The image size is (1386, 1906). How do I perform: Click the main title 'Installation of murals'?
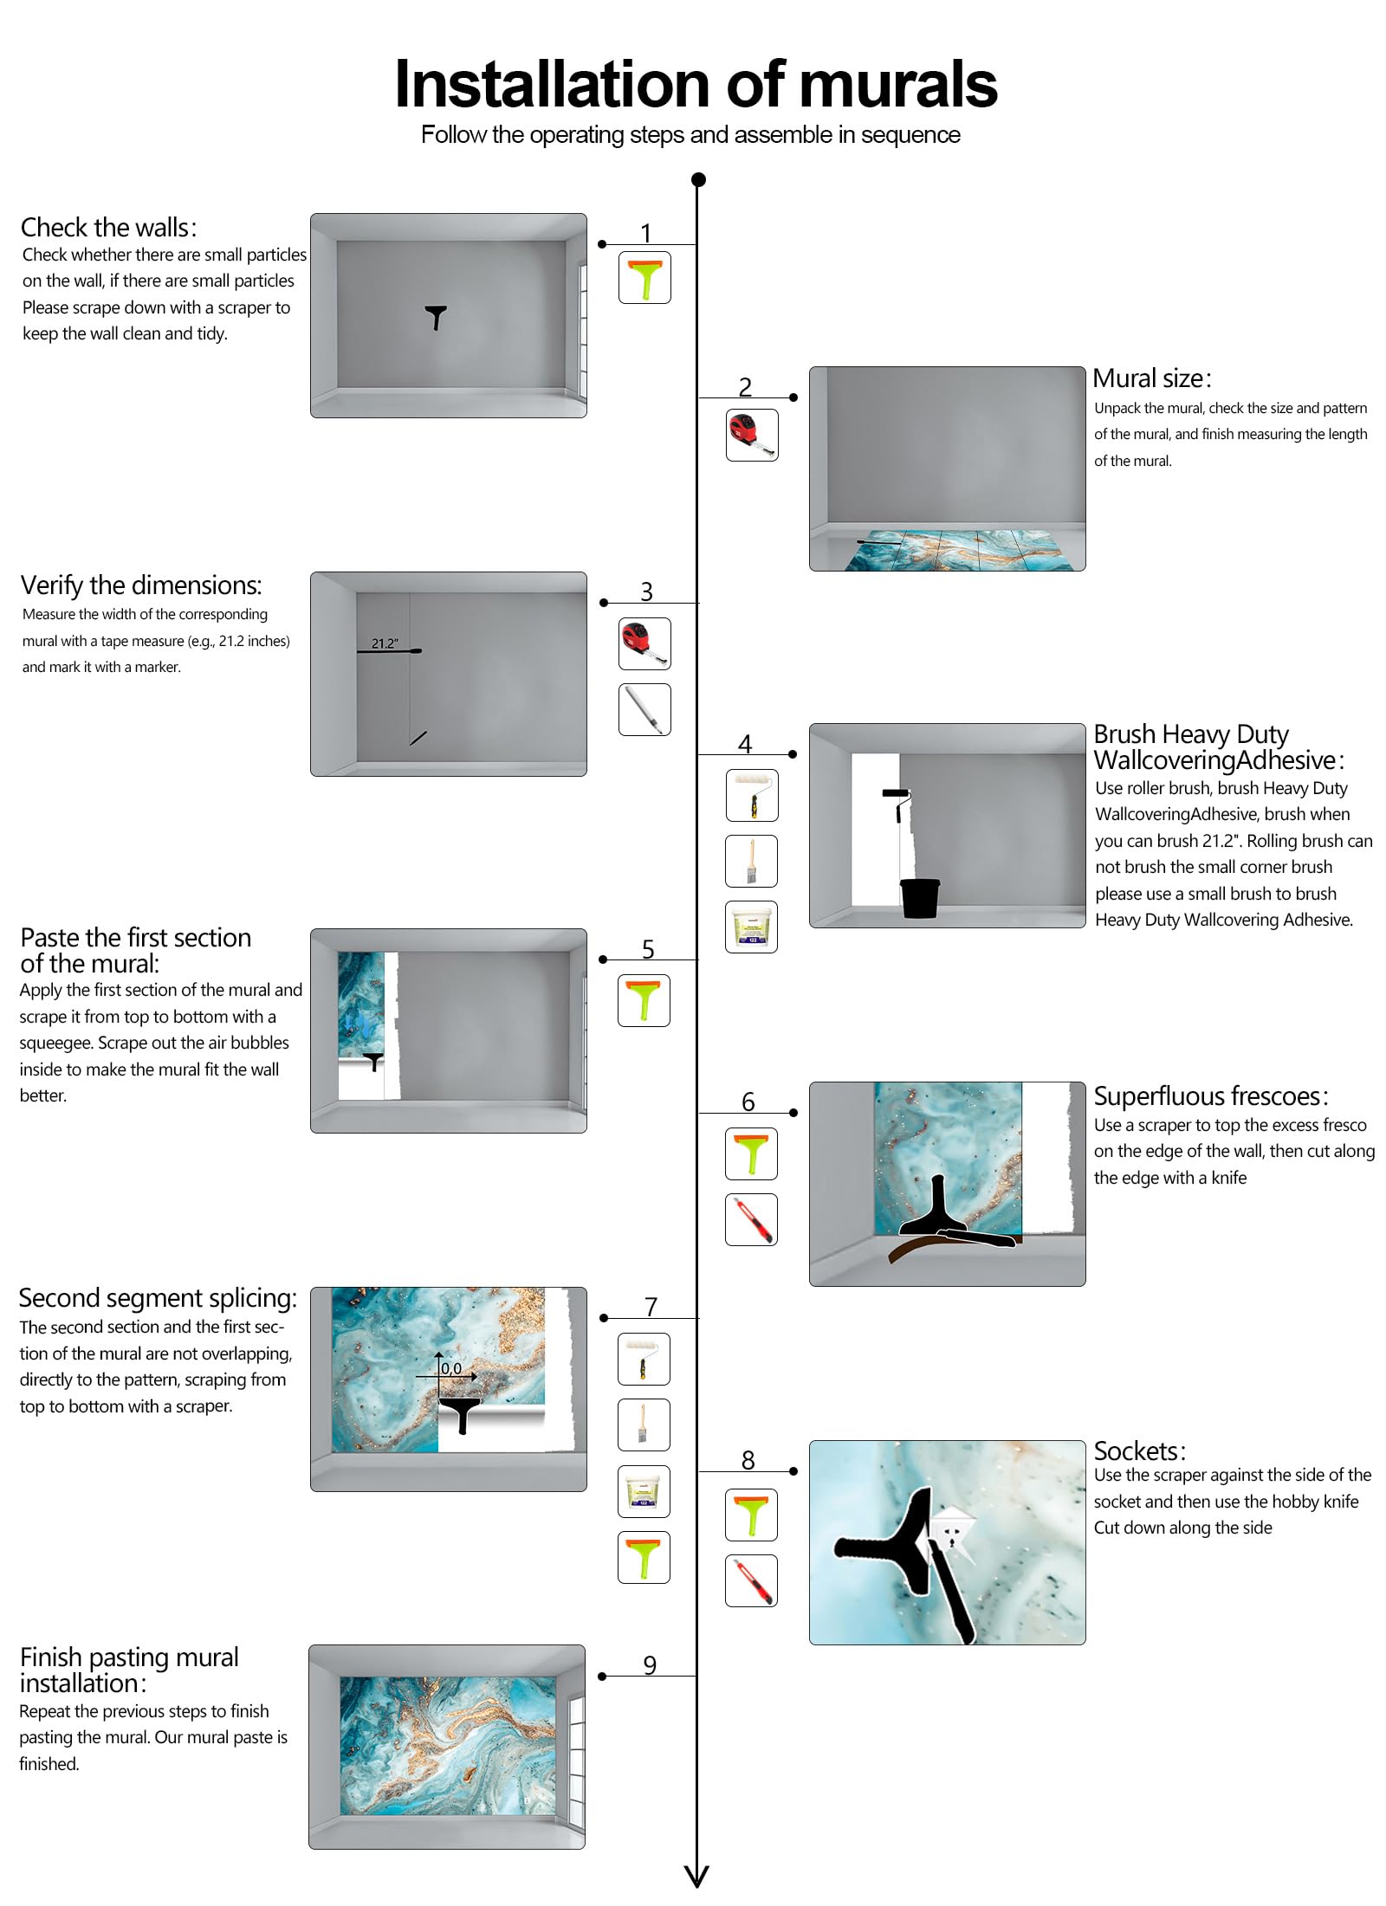coord(695,85)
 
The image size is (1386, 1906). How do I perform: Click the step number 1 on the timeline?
coord(645,233)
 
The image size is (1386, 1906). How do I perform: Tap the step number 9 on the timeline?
coord(650,1665)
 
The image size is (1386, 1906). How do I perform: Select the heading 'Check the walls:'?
coord(109,228)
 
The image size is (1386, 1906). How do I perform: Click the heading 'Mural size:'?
coord(1151,378)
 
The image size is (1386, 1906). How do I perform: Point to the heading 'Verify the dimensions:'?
coord(140,585)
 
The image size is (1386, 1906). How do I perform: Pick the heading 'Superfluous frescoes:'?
coord(1210,1096)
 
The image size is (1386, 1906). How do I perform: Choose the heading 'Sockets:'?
coord(1139,1451)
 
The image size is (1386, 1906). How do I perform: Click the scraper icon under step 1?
coord(644,278)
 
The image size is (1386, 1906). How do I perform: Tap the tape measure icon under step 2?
coord(751,435)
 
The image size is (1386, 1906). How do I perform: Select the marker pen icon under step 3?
coord(644,709)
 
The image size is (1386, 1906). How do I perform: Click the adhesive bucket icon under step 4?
coord(751,927)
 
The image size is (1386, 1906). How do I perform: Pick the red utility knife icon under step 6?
coord(751,1219)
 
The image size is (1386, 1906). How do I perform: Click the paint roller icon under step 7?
coord(644,1359)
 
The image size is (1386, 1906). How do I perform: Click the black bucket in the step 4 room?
coord(920,898)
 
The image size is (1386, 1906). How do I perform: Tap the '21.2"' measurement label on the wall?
coord(385,643)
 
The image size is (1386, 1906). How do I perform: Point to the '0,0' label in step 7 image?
coord(451,1369)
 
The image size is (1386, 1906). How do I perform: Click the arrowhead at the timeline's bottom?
coord(696,1876)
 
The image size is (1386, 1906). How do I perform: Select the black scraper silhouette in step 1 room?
coord(436,317)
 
